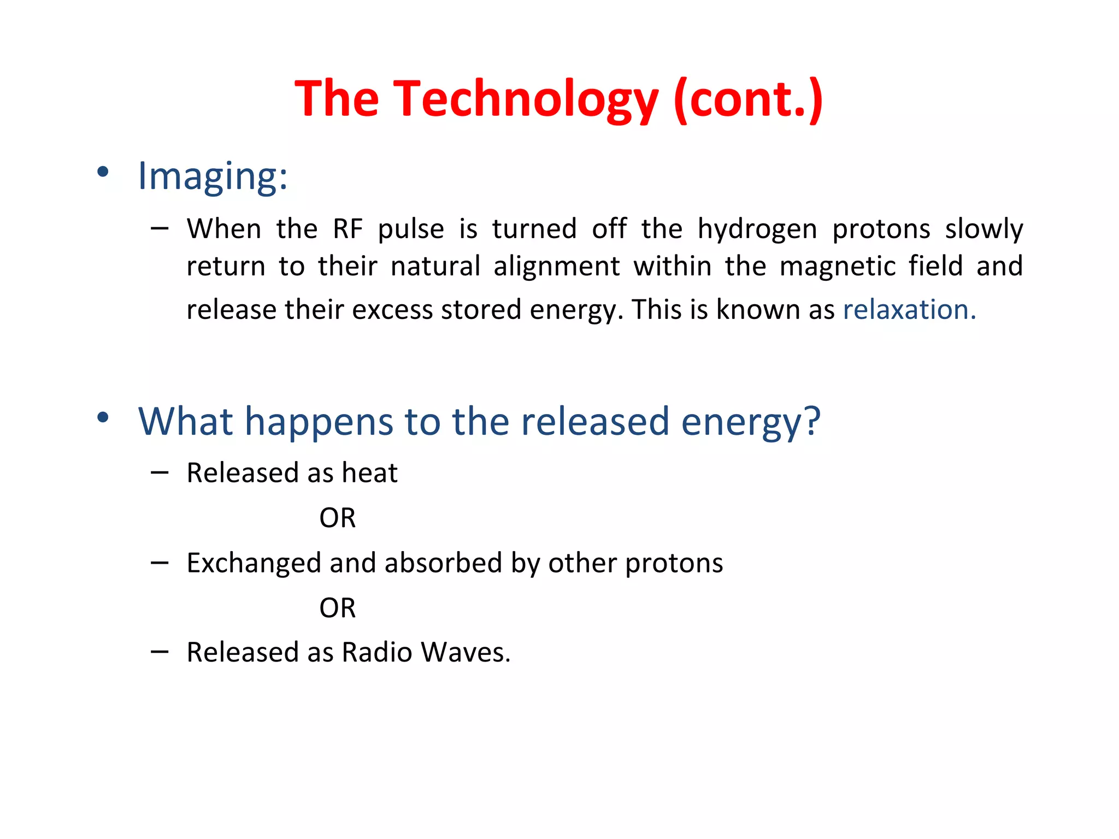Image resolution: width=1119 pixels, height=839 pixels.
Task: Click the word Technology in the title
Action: [526, 99]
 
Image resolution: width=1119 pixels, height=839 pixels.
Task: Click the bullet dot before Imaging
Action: [103, 173]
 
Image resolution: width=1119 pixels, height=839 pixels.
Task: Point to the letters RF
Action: [348, 229]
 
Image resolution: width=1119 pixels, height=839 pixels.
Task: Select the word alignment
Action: [556, 267]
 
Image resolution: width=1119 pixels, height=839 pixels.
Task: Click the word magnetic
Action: [837, 267]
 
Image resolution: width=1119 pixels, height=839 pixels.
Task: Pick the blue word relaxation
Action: [909, 310]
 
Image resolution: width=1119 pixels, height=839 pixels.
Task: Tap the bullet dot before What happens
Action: [103, 418]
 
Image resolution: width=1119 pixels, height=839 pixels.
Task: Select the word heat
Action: [369, 472]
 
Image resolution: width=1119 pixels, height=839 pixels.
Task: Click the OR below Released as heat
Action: [337, 518]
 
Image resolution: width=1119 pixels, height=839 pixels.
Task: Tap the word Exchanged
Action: [254, 563]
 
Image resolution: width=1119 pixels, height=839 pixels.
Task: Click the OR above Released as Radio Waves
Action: [337, 608]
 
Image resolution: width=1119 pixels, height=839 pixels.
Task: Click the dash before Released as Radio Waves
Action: [160, 652]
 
